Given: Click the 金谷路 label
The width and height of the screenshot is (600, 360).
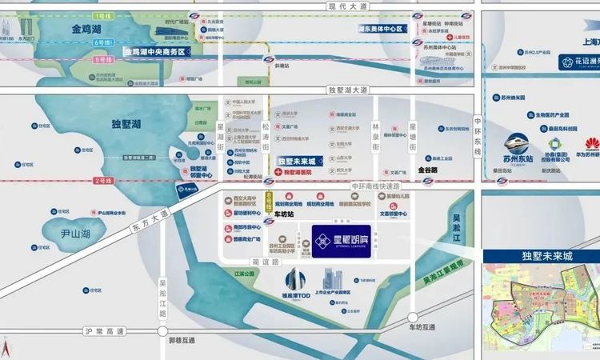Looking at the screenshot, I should coord(428,170).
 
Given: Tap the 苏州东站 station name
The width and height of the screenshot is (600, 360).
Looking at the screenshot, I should coord(523,146).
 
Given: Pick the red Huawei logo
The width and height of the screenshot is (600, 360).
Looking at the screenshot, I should coord(593,145).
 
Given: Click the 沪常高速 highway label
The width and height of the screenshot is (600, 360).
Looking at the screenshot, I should coord(105,331).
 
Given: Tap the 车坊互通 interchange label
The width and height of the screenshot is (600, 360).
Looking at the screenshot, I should coord(420,328).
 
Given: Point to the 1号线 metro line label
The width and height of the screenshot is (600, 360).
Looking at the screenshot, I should coord(102,15).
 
